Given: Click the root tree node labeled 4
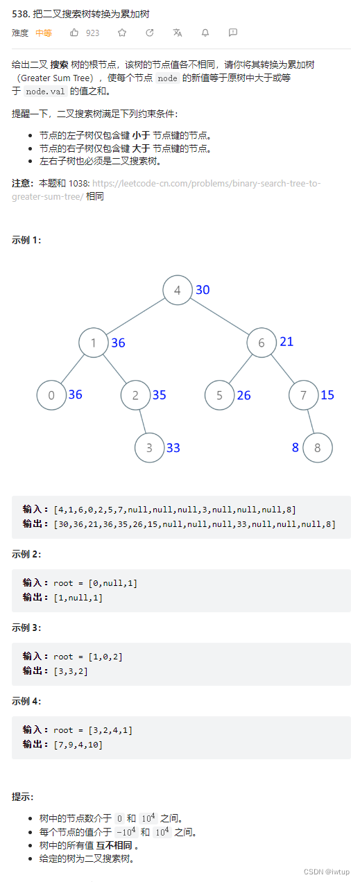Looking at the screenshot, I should [178, 290].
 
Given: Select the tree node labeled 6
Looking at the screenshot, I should [262, 343].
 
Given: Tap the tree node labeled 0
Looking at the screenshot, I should [51, 395].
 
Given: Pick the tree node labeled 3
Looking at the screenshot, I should [149, 448].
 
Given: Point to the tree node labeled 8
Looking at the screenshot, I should [318, 448].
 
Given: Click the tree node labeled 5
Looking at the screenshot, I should [219, 395].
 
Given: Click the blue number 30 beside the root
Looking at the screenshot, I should [203, 290].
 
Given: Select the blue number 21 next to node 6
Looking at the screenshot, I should [286, 341].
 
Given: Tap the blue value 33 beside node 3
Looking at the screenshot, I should [173, 448].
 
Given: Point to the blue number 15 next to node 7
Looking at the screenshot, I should [327, 395].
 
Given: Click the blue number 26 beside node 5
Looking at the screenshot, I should [243, 395].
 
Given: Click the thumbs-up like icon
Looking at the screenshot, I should [74, 33].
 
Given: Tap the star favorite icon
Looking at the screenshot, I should [122, 33].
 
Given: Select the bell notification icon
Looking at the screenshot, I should [205, 33].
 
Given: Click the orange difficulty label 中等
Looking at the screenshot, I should [44, 33].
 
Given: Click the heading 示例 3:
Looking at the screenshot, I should [26, 628].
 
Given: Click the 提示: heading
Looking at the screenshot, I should [22, 797].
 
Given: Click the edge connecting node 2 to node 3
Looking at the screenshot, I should [142, 422].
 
